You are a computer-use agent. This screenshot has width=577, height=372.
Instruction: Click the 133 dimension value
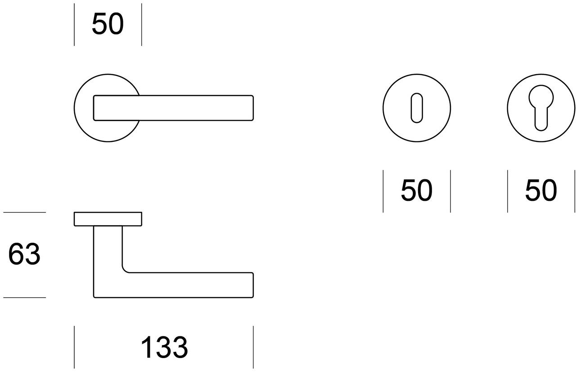(x=164, y=348)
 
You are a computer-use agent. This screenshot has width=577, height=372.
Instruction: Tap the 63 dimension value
(x=24, y=254)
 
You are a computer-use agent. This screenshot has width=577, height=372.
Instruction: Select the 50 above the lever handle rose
(x=108, y=24)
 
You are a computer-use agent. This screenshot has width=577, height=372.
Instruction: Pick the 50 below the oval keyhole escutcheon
(x=416, y=191)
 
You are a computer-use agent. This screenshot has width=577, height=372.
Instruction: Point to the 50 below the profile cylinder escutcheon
(x=541, y=191)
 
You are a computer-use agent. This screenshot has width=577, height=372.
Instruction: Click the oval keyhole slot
(x=417, y=108)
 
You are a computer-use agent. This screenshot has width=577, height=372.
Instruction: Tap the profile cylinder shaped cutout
(x=541, y=106)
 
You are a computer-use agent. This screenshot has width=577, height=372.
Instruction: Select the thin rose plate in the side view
(x=108, y=218)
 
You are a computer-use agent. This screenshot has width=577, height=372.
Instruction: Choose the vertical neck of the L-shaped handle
(x=108, y=252)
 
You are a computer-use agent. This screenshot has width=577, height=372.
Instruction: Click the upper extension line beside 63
(x=24, y=212)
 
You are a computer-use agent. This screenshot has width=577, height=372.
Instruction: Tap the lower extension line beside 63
(x=24, y=297)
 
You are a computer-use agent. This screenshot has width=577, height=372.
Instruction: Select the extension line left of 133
(x=74, y=347)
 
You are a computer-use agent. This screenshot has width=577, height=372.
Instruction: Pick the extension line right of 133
(x=253, y=347)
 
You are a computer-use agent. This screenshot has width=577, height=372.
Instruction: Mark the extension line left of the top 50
(x=74, y=24)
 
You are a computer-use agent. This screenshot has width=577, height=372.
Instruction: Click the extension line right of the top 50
(x=141, y=24)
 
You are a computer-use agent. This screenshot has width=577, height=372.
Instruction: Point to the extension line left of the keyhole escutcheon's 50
(x=383, y=191)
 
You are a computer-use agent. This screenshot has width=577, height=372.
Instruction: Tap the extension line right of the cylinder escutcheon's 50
(x=575, y=191)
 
